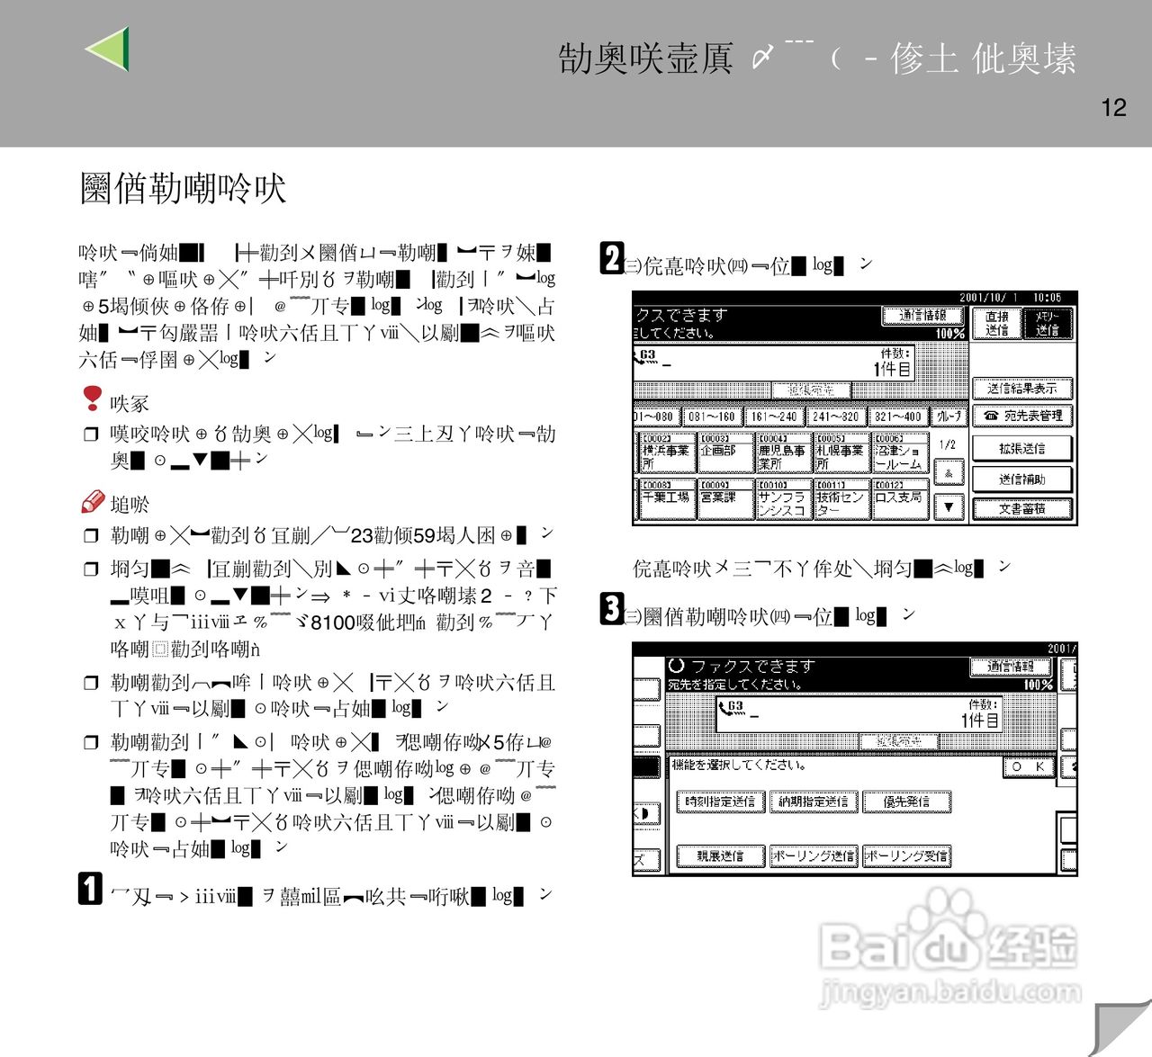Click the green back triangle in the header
coord(109,49)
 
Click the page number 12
coord(1113,108)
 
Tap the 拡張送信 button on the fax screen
coord(1022,448)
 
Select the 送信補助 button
coord(1022,479)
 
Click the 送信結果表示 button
coord(1022,389)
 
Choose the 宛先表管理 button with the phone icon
coord(1022,417)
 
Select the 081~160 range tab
coord(712,417)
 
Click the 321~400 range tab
coord(897,417)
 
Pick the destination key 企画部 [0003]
coord(724,452)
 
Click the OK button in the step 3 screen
coord(1028,766)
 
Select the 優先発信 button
coord(906,802)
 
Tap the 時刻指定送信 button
coord(720,802)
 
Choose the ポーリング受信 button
coord(906,856)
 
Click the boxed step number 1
coord(90,889)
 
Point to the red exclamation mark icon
coord(92,398)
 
